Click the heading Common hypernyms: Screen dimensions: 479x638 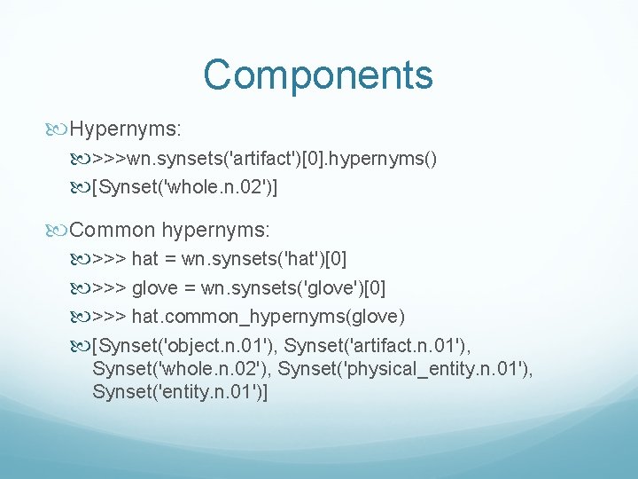point(169,230)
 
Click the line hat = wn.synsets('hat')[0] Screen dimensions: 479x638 point(238,259)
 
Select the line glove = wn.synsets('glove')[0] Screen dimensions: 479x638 point(258,288)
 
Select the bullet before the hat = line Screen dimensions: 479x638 point(81,260)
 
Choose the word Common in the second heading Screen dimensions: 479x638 point(113,230)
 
